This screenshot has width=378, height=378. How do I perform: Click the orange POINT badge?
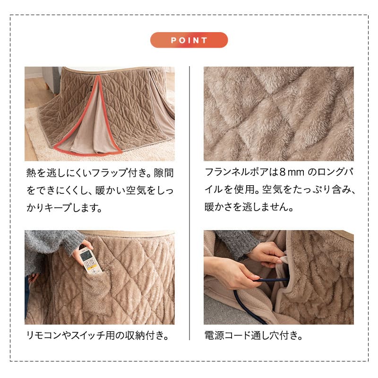pyautogui.click(x=189, y=40)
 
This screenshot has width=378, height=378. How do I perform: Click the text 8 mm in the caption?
pyautogui.click(x=294, y=173)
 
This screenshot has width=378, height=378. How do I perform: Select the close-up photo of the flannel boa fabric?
pyautogui.click(x=278, y=113)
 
